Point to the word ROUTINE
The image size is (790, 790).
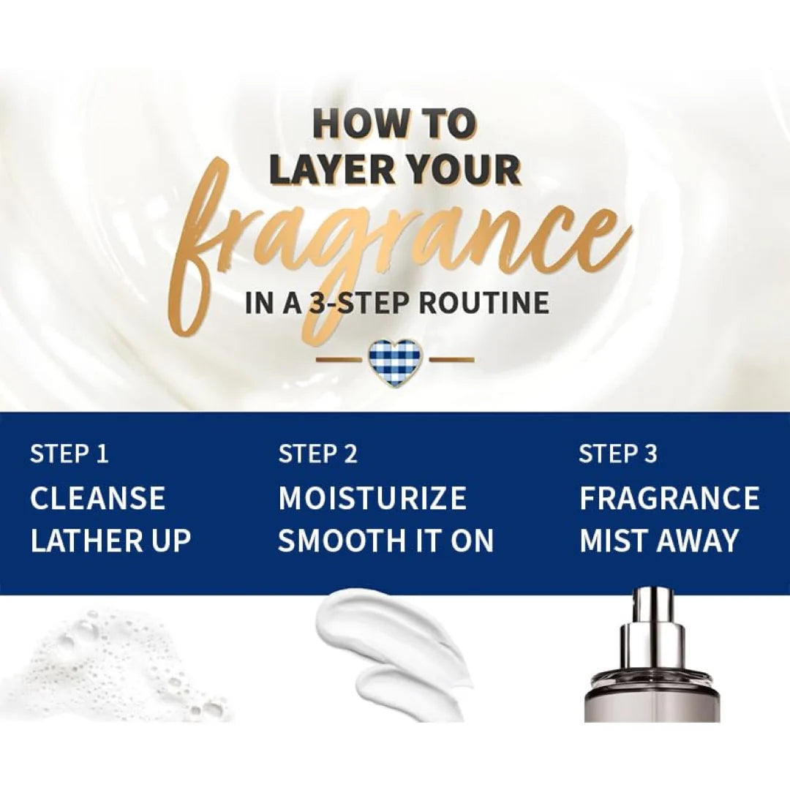click(x=484, y=302)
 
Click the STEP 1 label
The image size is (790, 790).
click(x=69, y=454)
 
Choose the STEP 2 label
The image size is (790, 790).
click(x=317, y=454)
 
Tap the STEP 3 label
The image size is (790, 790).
click(x=617, y=454)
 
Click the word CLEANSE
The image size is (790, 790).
click(x=98, y=498)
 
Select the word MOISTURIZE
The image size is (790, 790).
click(x=372, y=498)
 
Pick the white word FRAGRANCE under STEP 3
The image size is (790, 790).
click(x=669, y=498)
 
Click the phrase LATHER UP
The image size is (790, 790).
click(x=111, y=541)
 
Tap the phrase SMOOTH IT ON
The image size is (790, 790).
click(x=385, y=541)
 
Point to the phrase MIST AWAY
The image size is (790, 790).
click(x=658, y=541)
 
